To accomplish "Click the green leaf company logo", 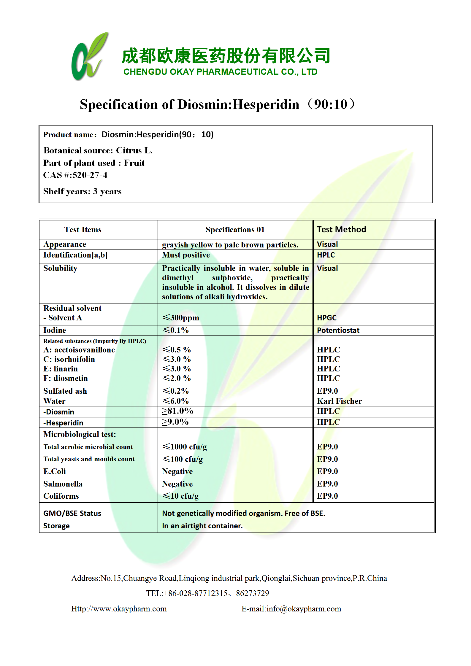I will tap(89, 57).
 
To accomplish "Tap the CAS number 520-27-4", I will tap(90, 175).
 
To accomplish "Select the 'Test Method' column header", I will tap(341, 229).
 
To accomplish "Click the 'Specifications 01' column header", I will tap(235, 230).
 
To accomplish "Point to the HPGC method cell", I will tap(326, 318).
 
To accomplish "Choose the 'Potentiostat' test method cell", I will tap(338, 330).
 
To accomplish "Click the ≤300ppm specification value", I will tap(181, 318).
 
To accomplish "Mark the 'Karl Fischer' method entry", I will tap(339, 401).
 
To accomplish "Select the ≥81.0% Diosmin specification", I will tap(177, 411).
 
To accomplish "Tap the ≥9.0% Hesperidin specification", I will tap(175, 422).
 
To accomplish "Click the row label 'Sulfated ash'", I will tap(65, 391).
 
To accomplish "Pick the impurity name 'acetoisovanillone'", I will tap(84, 350).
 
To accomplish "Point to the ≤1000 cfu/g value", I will tap(184, 447).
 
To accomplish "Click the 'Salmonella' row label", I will tap(63, 484).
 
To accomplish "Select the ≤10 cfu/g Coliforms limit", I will tap(180, 496).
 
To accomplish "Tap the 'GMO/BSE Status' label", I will tap(72, 514).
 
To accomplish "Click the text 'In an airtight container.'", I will tap(202, 526).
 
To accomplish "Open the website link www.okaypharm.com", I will tap(119, 609).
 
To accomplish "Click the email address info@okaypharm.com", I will tap(304, 609).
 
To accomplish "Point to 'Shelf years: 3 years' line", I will tap(82, 191).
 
